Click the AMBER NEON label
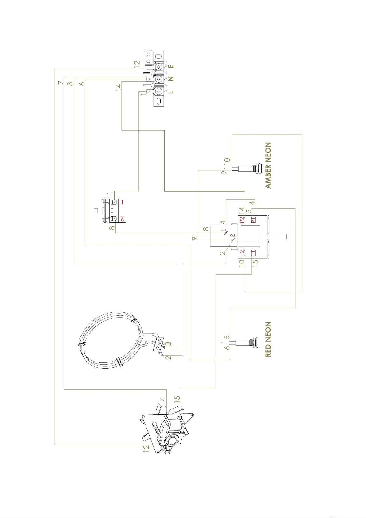(268, 165)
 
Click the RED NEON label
(268, 339)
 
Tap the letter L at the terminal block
(171, 92)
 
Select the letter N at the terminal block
(171, 79)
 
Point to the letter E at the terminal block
(171, 66)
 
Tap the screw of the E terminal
(159, 66)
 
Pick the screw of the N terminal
(159, 79)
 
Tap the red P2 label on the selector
(242, 220)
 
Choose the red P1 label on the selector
(253, 220)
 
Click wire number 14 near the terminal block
(119, 87)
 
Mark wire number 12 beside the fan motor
(146, 449)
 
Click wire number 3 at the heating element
(169, 343)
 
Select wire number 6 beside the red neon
(227, 348)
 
